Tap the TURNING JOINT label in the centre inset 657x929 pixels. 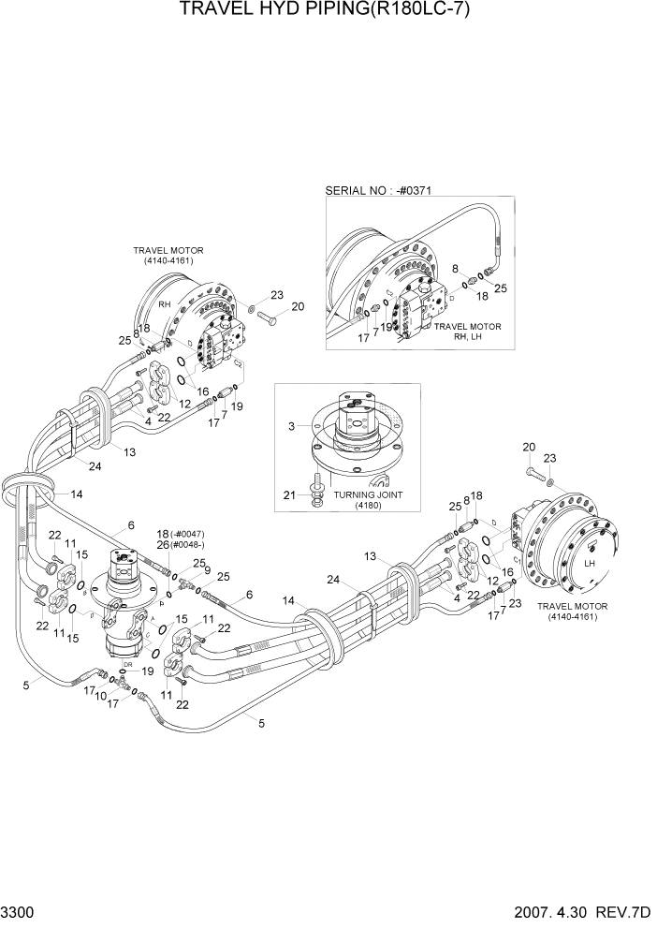point(365,494)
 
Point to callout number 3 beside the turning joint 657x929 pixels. point(291,426)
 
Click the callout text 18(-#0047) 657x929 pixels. point(179,533)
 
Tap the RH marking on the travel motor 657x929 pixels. point(163,304)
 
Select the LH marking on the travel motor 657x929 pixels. point(590,564)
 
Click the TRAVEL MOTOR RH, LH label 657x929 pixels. point(467,332)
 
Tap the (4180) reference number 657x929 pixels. point(365,506)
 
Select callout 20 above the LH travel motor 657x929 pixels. point(529,447)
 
